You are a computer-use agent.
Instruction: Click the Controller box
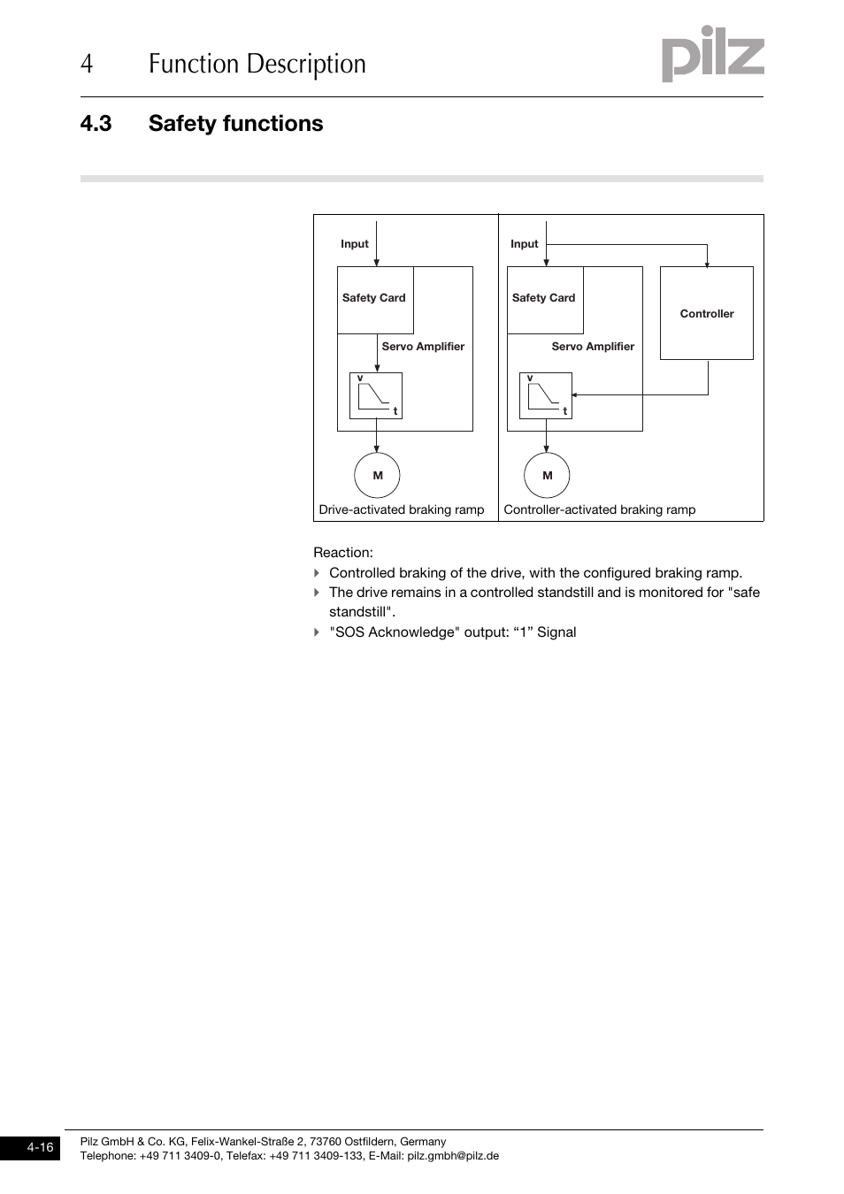click(x=706, y=313)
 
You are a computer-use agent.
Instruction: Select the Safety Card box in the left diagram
click(x=375, y=299)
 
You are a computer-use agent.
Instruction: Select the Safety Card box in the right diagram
click(x=545, y=299)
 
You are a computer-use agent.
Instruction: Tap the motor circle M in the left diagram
click(x=377, y=475)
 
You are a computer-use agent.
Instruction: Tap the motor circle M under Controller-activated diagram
click(x=547, y=475)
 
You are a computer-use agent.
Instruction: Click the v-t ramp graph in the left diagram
click(x=376, y=395)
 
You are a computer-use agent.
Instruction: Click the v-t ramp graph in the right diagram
click(x=546, y=395)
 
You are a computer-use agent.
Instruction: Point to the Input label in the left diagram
click(x=355, y=244)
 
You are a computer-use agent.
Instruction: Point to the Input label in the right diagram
click(x=525, y=244)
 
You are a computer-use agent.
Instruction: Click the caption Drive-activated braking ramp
click(x=402, y=509)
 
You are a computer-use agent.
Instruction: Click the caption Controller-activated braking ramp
click(x=600, y=509)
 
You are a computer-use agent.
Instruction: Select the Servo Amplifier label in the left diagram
click(x=423, y=347)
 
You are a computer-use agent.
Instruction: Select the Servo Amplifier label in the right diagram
click(x=593, y=347)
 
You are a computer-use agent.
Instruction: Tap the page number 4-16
click(x=40, y=1148)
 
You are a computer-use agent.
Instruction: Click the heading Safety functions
click(x=235, y=123)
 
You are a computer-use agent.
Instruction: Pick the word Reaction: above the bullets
click(x=343, y=553)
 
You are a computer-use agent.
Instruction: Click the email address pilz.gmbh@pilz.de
click(x=453, y=1156)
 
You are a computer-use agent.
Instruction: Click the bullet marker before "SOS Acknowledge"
click(x=317, y=632)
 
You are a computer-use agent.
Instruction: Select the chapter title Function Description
click(x=257, y=64)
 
